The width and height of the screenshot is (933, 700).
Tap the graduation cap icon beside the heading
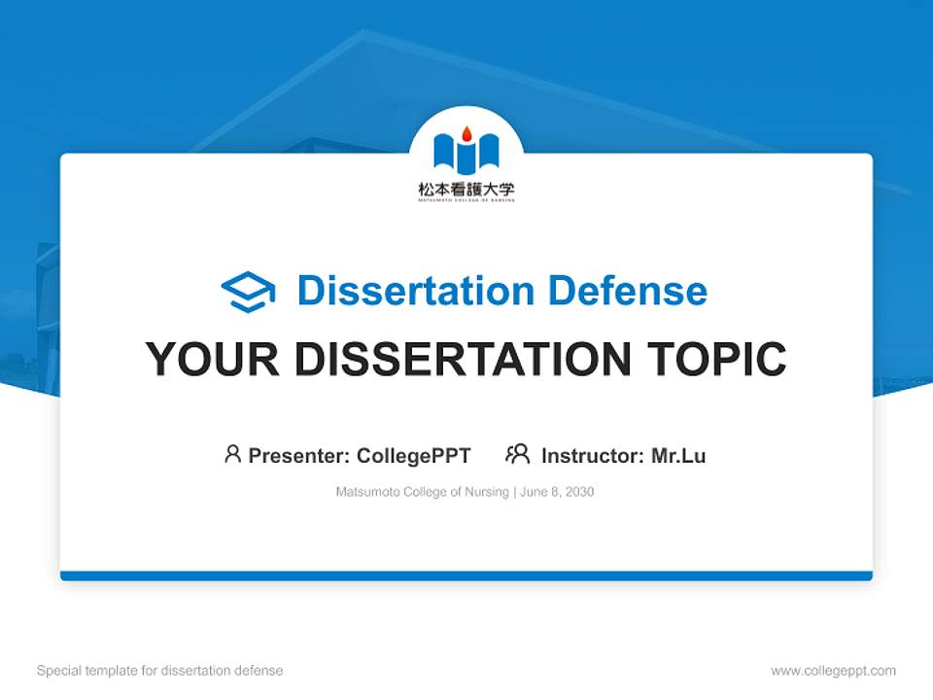[248, 292]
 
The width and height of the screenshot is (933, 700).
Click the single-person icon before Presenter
[232, 454]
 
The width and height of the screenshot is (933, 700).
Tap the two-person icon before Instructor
[518, 454]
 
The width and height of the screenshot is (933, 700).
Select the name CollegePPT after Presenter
[414, 455]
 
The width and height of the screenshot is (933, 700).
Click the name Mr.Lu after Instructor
[678, 455]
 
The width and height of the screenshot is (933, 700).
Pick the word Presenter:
[299, 455]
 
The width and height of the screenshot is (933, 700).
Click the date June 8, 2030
[557, 492]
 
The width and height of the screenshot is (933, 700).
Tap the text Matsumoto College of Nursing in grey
[422, 492]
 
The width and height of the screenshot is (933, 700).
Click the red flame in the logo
[466, 133]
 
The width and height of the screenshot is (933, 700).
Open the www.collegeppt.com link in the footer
[833, 671]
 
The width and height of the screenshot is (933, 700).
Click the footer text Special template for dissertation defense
[160, 671]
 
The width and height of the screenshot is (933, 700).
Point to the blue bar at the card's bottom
[466, 576]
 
